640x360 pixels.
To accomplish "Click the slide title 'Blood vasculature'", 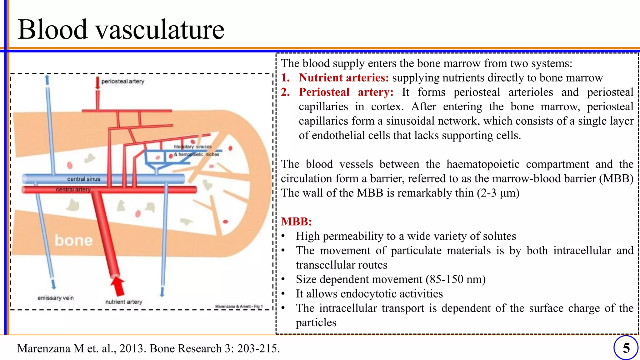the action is [121, 29].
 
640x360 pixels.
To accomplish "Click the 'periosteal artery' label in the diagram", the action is [123, 82].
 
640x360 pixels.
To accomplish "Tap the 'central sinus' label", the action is [84, 179].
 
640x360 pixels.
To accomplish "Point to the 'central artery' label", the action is [73, 189].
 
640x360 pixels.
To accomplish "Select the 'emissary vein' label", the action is [56, 298].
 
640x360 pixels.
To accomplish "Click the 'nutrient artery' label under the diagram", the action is [124, 302].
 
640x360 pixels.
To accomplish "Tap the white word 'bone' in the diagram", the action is [74, 240].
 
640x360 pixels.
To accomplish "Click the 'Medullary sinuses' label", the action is [193, 147].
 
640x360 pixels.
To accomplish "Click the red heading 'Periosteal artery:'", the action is [346, 92].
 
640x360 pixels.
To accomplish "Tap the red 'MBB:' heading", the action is [296, 222].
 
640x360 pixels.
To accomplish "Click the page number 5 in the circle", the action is [626, 348].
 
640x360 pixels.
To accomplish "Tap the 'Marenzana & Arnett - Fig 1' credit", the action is [239, 307].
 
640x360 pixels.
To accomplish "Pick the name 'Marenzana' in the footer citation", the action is [44, 348].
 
